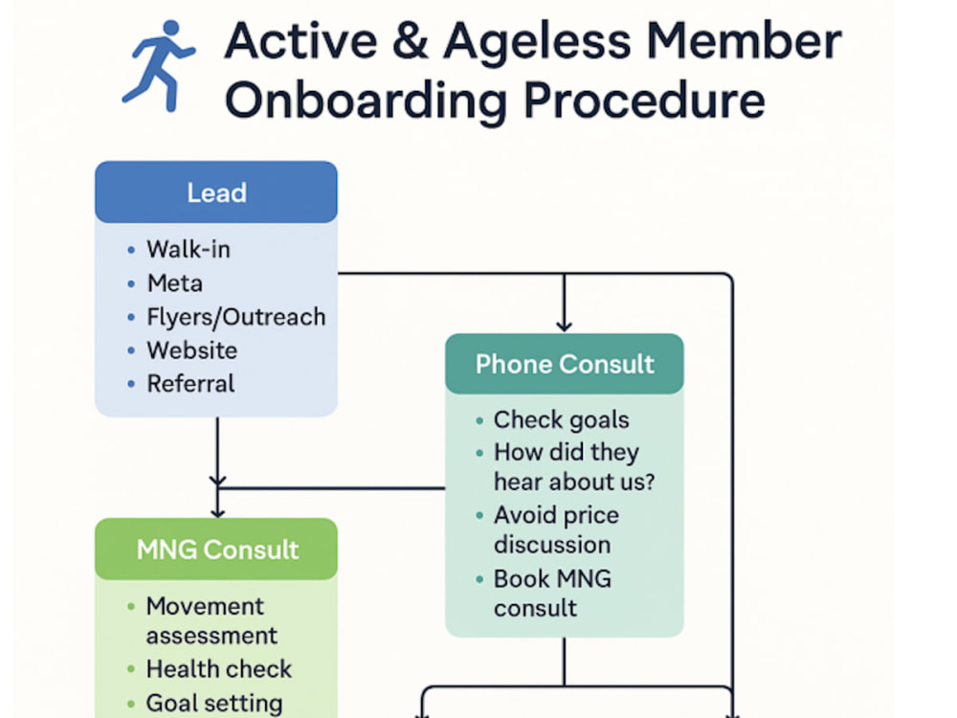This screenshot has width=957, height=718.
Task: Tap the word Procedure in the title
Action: pos(644,101)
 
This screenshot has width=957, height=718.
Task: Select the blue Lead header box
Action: pos(216,192)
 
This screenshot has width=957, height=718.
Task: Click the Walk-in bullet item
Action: pos(188,249)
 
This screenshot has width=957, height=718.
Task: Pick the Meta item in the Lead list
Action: pos(174,283)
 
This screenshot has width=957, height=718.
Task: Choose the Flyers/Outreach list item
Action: pos(236,318)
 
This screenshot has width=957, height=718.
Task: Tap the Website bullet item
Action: pos(191,350)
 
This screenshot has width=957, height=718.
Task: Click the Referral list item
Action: pos(190,384)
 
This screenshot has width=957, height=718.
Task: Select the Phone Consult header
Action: pos(565,364)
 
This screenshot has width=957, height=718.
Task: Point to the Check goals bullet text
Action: pos(561,420)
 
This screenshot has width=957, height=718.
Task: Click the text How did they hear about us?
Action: pos(573,467)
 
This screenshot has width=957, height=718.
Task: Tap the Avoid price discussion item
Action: pos(556,530)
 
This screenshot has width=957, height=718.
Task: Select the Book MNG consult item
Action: pos(552,594)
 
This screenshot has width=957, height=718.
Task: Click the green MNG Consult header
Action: pos(216,549)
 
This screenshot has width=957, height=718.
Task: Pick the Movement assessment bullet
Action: pos(211,621)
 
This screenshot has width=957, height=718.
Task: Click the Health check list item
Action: pos(218,669)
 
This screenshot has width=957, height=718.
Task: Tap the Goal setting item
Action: pos(214,704)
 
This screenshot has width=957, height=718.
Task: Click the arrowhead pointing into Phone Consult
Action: pos(564,326)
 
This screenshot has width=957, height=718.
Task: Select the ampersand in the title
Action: pos(411,42)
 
